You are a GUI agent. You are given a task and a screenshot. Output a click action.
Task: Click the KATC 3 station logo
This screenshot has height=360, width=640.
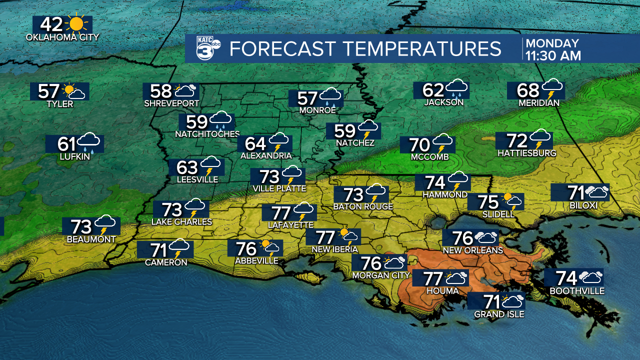tap(206, 48)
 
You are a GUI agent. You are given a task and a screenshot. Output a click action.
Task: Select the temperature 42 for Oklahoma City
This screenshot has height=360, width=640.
tap(51, 24)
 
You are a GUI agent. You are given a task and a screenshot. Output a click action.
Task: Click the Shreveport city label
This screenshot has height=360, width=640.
tap(171, 103)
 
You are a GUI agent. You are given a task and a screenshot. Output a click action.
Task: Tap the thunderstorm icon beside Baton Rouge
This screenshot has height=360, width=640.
tap(375, 193)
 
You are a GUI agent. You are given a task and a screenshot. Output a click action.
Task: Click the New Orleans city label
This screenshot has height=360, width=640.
tap(472, 250)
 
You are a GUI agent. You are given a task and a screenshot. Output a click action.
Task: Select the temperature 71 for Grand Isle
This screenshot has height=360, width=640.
tap(489, 302)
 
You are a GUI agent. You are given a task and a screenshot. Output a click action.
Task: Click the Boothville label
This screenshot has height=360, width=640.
tap(577, 291)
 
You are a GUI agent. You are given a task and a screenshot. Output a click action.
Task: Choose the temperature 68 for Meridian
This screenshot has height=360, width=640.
tap(528, 90)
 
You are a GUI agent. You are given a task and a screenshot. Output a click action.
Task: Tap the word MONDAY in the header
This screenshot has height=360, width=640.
tap(552, 43)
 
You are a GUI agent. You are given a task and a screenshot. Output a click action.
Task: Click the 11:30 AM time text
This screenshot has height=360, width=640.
tap(553, 55)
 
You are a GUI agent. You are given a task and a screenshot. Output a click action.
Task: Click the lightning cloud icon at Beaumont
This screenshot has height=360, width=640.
tap(105, 225)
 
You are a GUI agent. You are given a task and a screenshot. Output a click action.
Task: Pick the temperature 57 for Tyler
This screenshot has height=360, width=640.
tap(49, 91)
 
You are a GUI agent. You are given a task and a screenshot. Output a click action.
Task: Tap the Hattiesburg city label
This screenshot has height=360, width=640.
tap(526, 153)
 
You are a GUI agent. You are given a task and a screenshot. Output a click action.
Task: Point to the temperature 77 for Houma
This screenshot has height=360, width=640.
tap(433, 278)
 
